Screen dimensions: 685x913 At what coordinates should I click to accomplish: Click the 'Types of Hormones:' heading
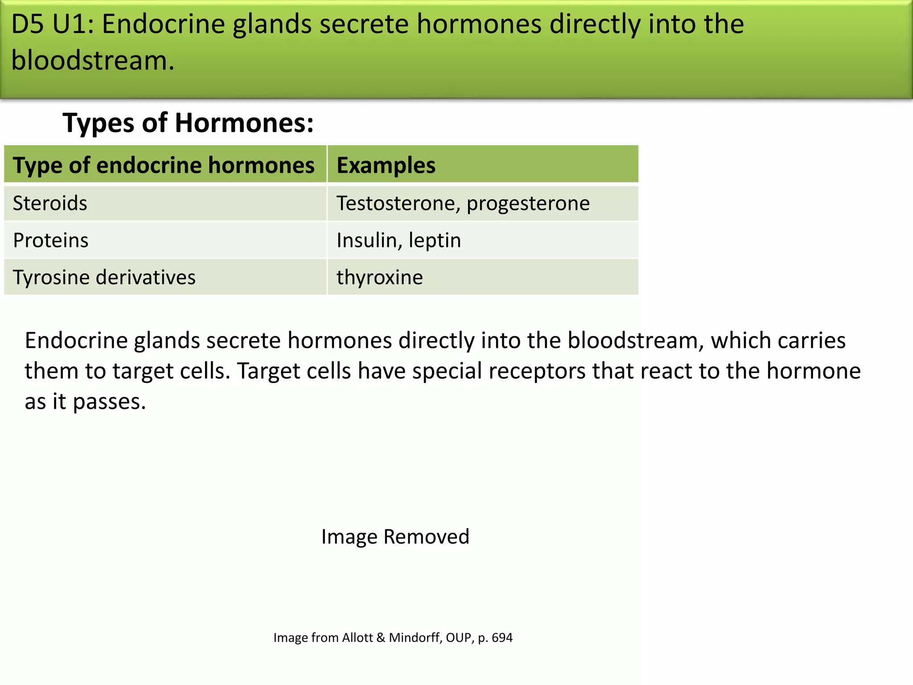(188, 123)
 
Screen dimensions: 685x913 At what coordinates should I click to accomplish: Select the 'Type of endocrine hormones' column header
(164, 165)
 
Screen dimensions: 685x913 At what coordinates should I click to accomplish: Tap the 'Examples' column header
(386, 165)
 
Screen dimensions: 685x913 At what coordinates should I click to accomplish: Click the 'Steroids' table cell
(50, 203)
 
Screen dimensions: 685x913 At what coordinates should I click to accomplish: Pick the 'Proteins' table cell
(51, 240)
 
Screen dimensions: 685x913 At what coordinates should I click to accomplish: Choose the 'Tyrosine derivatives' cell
(104, 277)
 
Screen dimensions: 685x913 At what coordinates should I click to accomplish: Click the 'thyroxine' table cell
(379, 277)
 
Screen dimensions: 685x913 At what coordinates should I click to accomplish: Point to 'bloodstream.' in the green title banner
(93, 60)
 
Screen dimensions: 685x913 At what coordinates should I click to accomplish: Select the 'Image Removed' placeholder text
(395, 536)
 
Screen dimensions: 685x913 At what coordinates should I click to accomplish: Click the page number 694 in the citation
(502, 638)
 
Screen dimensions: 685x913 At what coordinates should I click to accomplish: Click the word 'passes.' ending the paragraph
(109, 402)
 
